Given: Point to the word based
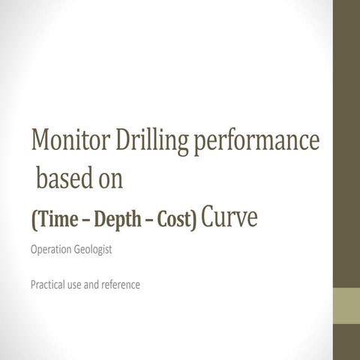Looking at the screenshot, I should (x=63, y=179).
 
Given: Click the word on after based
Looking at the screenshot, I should (x=109, y=181).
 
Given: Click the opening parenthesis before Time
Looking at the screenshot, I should (x=33, y=220).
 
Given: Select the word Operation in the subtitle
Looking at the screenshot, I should (x=51, y=250).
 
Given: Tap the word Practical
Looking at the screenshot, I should (x=49, y=285).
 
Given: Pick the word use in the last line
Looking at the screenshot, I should (x=80, y=286).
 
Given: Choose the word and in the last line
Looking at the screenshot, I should (x=100, y=285).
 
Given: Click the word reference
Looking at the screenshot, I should (x=125, y=285).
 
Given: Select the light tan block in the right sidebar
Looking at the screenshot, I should (x=346, y=304).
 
